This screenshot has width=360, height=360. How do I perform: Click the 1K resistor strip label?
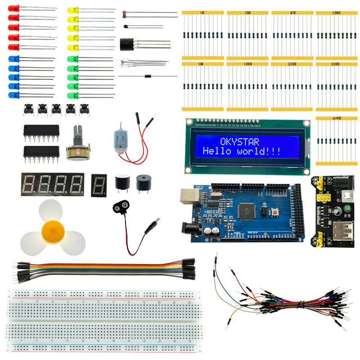tap(202, 13)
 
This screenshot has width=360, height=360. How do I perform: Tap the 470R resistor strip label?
tap(337, 118)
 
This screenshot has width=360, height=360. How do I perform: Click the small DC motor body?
tap(119, 140)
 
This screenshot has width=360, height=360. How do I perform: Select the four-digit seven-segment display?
tap(52, 184)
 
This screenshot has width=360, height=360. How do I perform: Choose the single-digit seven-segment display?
tap(98, 185)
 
